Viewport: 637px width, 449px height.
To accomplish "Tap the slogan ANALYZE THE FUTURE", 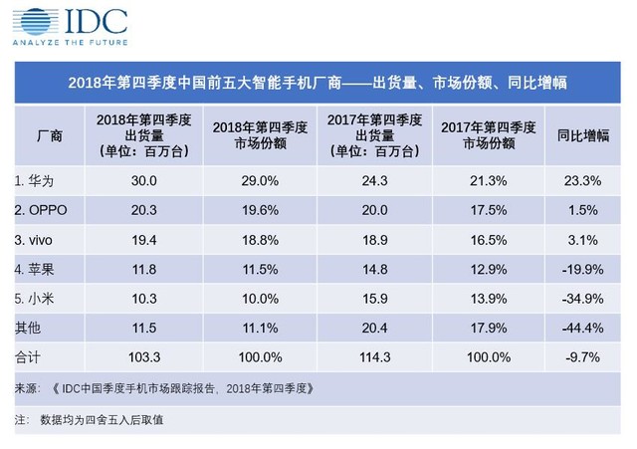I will (x=72, y=43).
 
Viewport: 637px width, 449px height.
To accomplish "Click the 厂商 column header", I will (x=48, y=135).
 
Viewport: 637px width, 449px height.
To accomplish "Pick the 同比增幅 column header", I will (x=582, y=135).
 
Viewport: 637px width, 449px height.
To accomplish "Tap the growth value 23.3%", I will (x=582, y=181).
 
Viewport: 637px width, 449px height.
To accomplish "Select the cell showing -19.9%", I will (x=582, y=269).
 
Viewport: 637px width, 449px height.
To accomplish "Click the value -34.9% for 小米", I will (x=582, y=298).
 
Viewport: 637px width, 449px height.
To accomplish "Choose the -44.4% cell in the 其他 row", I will (x=582, y=327).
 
